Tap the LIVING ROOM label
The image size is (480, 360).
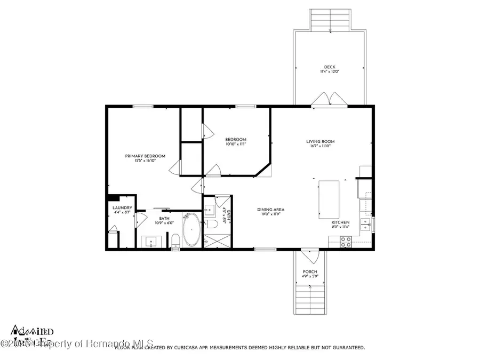coord(321,142)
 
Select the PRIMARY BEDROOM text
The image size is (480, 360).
coord(145,156)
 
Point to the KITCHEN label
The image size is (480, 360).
coord(341,222)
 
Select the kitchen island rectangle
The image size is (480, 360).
coord(329,199)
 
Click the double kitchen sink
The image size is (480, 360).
coord(366,222)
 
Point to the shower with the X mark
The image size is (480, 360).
coord(216,241)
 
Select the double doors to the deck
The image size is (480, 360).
coord(329,99)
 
